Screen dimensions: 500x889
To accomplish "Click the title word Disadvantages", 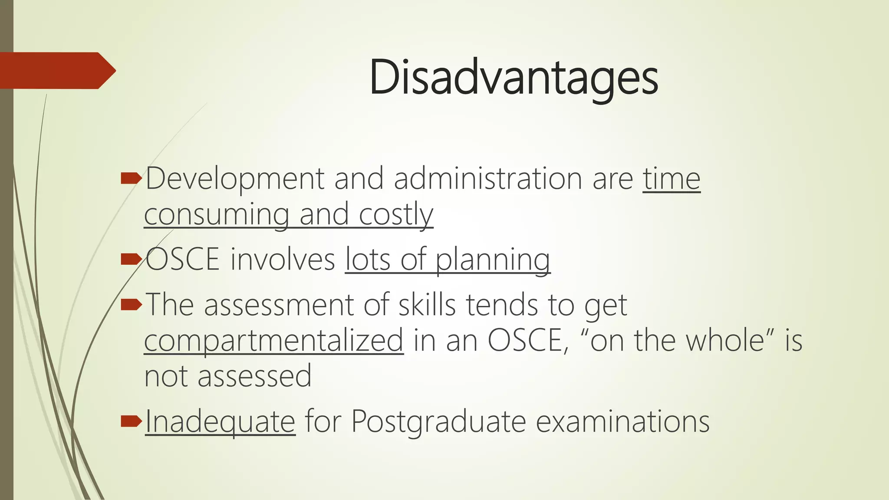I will tap(514, 78).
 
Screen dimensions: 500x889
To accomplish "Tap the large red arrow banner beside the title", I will tap(56, 70).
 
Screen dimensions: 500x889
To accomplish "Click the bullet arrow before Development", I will tap(131, 178).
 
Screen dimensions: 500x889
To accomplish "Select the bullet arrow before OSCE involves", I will tap(131, 259).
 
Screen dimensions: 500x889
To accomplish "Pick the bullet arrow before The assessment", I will tap(131, 305).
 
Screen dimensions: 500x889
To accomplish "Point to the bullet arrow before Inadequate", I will tap(131, 421).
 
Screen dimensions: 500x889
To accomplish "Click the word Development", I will tap(235, 179).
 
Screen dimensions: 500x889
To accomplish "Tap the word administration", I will tap(488, 179).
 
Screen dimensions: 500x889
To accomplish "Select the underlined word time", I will tap(672, 179).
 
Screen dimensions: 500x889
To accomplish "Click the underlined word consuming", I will tap(216, 215).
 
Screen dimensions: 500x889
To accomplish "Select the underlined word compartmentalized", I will tap(273, 341).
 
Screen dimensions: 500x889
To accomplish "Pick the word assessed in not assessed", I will tap(254, 376).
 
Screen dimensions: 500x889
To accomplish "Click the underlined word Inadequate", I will tap(220, 421).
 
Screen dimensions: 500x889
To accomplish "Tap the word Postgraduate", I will tap(438, 421).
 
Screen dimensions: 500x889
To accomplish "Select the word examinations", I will tap(622, 421).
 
